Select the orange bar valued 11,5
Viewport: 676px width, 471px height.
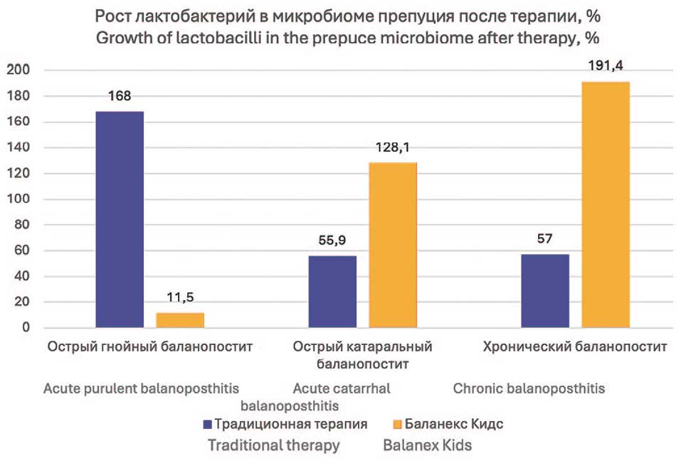point(180,320)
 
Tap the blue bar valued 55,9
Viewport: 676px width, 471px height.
point(332,292)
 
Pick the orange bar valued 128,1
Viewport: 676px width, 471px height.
point(393,245)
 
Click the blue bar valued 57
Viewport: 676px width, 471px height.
point(545,291)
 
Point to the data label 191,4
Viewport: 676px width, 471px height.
point(606,65)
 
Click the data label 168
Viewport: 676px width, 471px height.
point(120,96)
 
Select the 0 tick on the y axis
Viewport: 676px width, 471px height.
point(25,328)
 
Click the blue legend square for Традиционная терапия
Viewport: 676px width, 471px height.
point(208,424)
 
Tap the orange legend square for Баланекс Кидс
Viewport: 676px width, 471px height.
point(397,424)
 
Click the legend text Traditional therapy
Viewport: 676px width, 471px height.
point(273,446)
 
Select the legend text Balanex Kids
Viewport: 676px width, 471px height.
point(427,446)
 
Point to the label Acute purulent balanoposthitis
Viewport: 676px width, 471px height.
point(141,389)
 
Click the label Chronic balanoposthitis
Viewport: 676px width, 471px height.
point(529,389)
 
